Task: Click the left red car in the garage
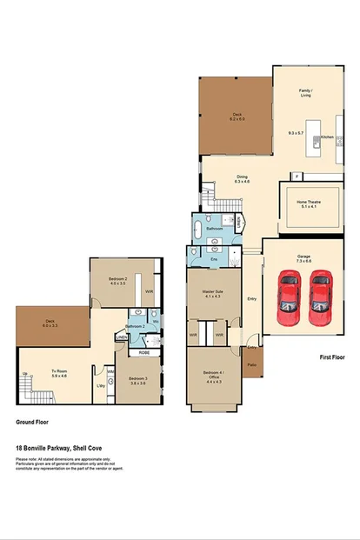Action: pyautogui.click(x=288, y=295)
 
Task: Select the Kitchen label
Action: pyautogui.click(x=327, y=137)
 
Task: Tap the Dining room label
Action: pyautogui.click(x=243, y=177)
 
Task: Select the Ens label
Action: pyautogui.click(x=214, y=259)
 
